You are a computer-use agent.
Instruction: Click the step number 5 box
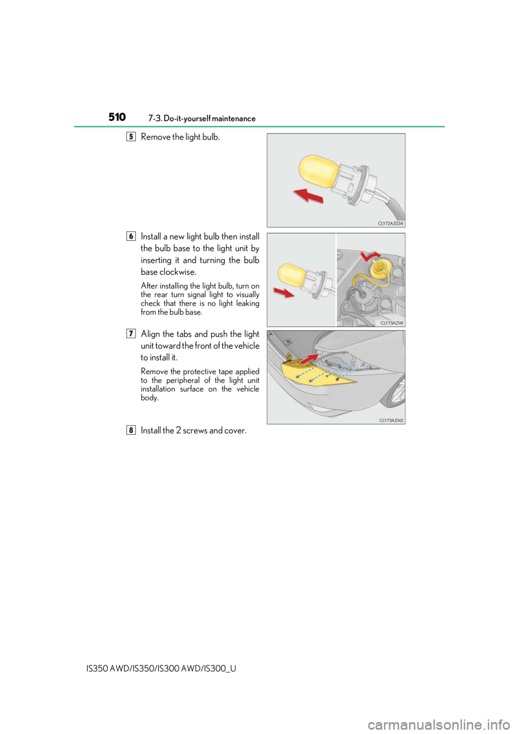pos(131,137)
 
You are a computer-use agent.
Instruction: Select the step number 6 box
pos(131,236)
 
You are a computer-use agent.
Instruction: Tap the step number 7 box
pos(131,333)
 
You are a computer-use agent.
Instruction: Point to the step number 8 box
pos(131,430)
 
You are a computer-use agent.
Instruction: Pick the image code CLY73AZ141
pos(392,323)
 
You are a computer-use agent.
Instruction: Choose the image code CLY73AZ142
pos(392,420)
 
